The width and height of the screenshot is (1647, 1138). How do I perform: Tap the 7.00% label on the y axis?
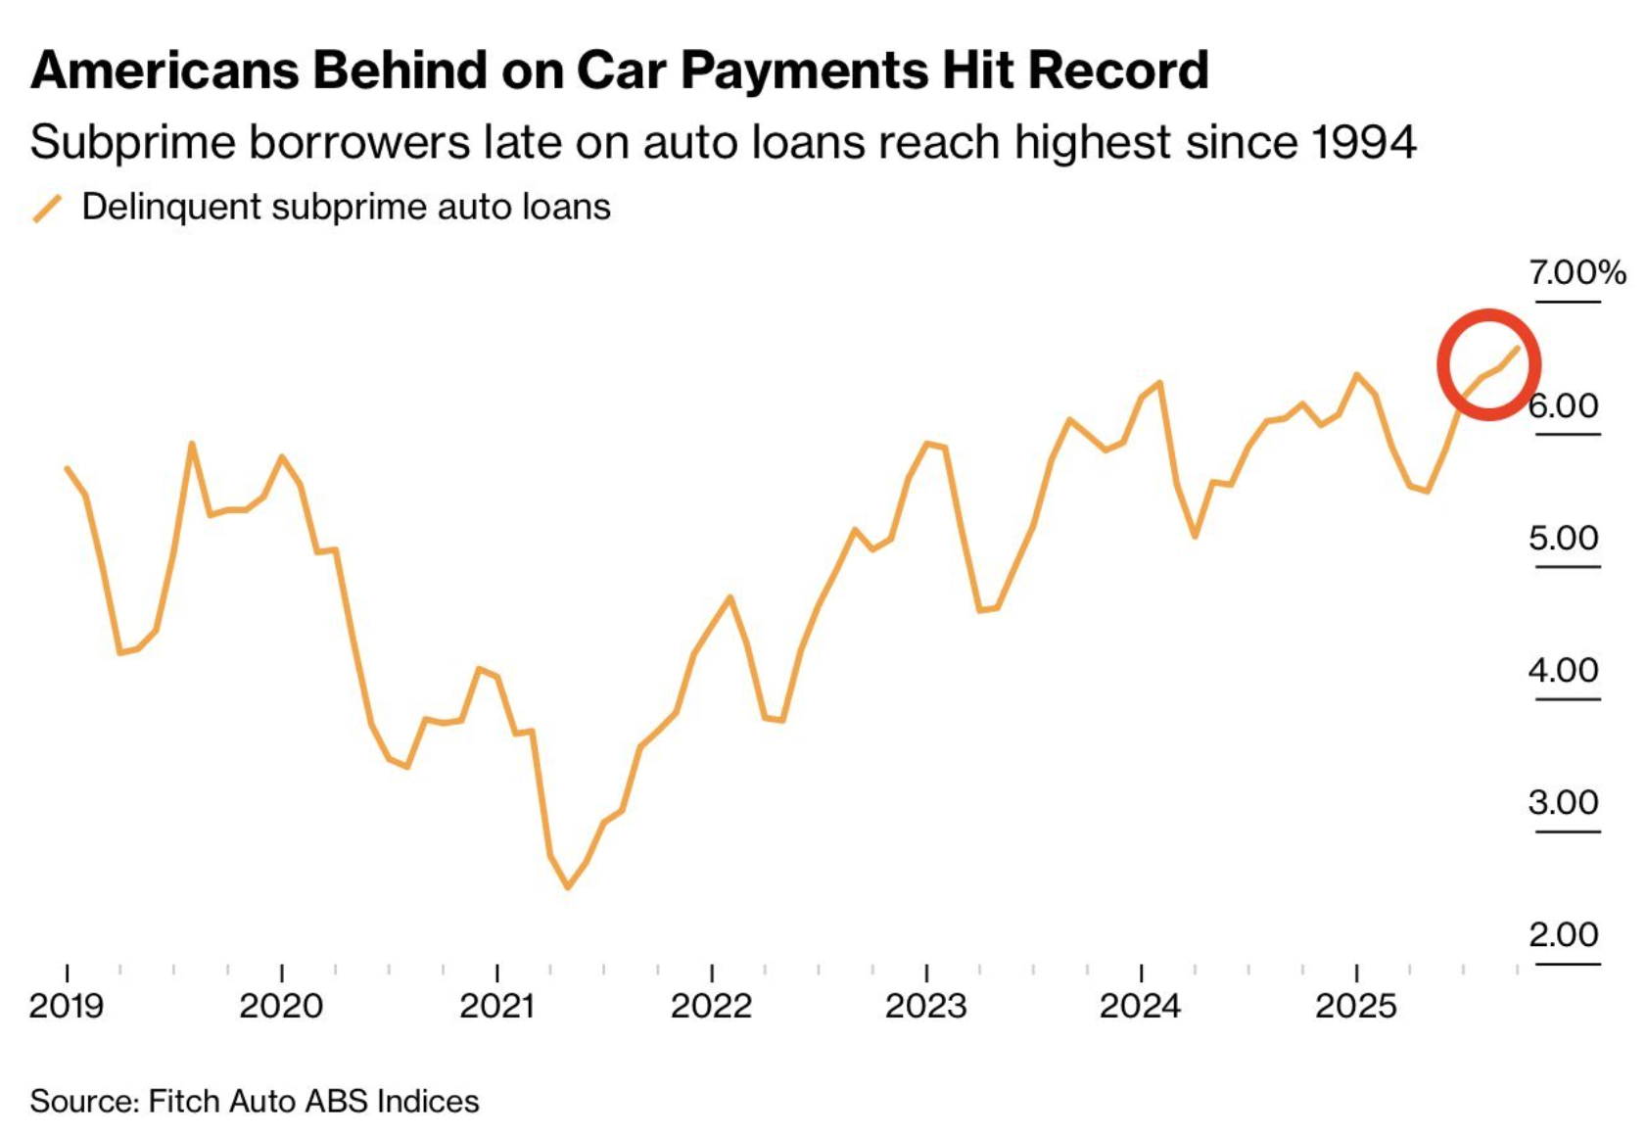coord(1576,271)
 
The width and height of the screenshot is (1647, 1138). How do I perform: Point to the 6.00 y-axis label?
coord(1563,404)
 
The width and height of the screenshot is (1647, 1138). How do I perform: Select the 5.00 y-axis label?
coord(1563,538)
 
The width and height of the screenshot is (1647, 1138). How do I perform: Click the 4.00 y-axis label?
coord(1563,670)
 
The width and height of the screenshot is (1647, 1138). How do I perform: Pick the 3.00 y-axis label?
coord(1563,802)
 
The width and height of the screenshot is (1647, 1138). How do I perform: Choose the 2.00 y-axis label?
coord(1563,934)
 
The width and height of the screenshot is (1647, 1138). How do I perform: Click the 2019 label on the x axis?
coord(67,1006)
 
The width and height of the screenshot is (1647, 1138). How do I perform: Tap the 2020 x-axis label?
coord(281,1006)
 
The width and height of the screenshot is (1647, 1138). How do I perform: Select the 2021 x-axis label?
coord(496,1006)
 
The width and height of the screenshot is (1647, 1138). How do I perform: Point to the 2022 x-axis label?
coord(711,1006)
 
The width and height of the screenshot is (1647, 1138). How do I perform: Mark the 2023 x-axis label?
coord(925,1006)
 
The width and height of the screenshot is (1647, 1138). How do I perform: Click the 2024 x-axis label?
coord(1140,1006)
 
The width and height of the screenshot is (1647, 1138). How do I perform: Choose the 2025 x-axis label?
coord(1355,1006)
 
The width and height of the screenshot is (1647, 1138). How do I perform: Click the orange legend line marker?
coord(47,208)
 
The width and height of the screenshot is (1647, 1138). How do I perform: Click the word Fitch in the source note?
coord(184,1101)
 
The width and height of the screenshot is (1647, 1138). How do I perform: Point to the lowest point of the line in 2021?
coord(568,887)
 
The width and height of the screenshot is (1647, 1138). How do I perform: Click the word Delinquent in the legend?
coord(172,207)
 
